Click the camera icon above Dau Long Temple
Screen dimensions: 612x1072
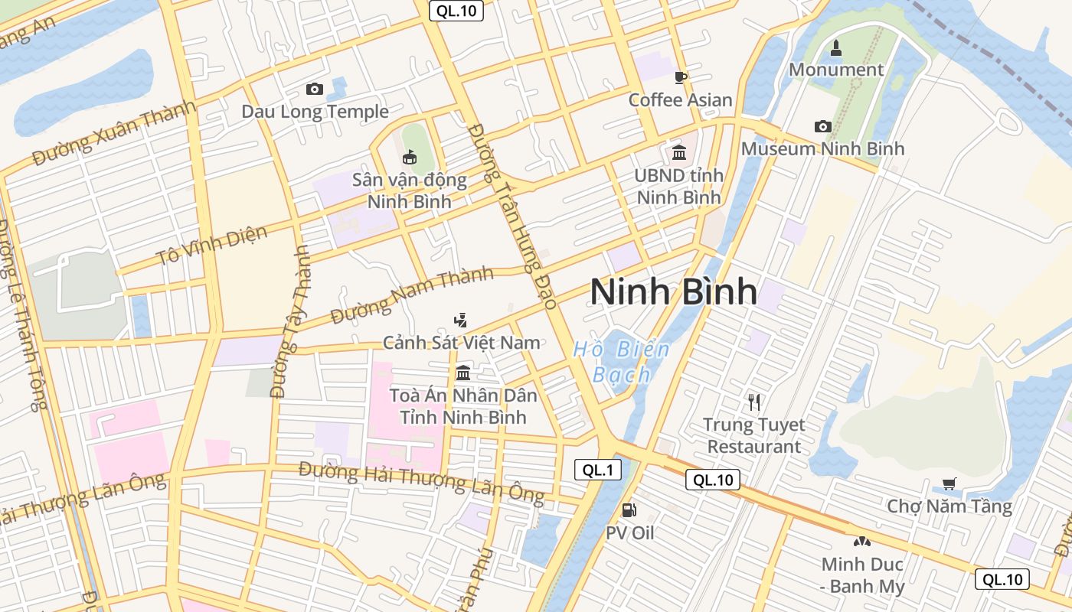pos(314,90)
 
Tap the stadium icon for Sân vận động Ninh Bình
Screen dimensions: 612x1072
pos(410,158)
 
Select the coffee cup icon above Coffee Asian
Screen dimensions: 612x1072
pos(680,77)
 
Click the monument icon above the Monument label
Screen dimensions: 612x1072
pos(835,48)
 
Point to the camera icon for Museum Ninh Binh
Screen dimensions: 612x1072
pos(822,126)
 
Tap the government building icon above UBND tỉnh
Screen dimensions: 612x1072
pos(678,153)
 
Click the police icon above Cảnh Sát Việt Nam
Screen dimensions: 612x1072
pos(460,320)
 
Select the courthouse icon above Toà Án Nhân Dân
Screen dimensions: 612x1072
pos(462,373)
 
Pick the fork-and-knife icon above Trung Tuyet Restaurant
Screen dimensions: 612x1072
pos(754,402)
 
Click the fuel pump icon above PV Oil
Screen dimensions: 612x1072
pos(629,509)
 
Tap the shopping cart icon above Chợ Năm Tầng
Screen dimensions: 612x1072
pos(949,483)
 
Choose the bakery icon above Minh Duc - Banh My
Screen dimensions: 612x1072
pos(862,542)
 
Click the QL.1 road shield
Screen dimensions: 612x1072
pos(597,470)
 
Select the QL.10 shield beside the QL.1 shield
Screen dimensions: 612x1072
pos(713,480)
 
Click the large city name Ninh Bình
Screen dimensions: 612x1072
pos(674,292)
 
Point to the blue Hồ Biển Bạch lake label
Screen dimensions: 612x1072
pos(621,362)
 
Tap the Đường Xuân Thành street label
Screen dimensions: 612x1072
pos(115,133)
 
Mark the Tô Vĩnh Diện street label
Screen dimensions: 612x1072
pos(212,245)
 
